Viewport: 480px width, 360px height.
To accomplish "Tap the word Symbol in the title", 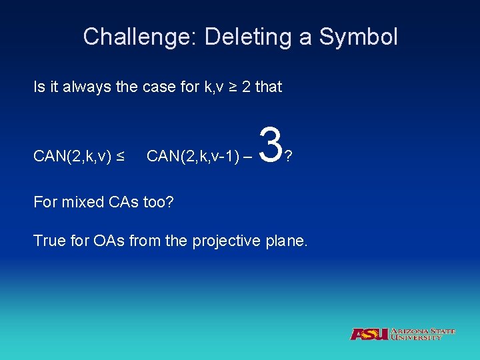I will pos(359,37).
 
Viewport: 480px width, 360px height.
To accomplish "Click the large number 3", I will pos(269,145).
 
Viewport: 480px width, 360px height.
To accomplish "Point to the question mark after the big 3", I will pos(288,157).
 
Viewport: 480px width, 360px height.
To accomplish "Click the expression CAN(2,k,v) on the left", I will pos(69,157).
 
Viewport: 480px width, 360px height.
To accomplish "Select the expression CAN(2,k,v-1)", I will pos(191,157).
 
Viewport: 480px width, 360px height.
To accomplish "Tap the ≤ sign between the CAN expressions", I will pos(121,157).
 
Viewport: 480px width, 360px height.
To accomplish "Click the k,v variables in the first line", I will pos(211,87).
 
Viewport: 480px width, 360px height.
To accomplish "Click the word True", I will pos(48,241).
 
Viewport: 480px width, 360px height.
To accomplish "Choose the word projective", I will pos(224,241).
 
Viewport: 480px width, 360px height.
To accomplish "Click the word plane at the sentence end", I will pos(287,241).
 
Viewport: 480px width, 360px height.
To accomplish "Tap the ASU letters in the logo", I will pos(369,334).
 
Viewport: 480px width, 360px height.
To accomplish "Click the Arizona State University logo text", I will pos(423,334).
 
